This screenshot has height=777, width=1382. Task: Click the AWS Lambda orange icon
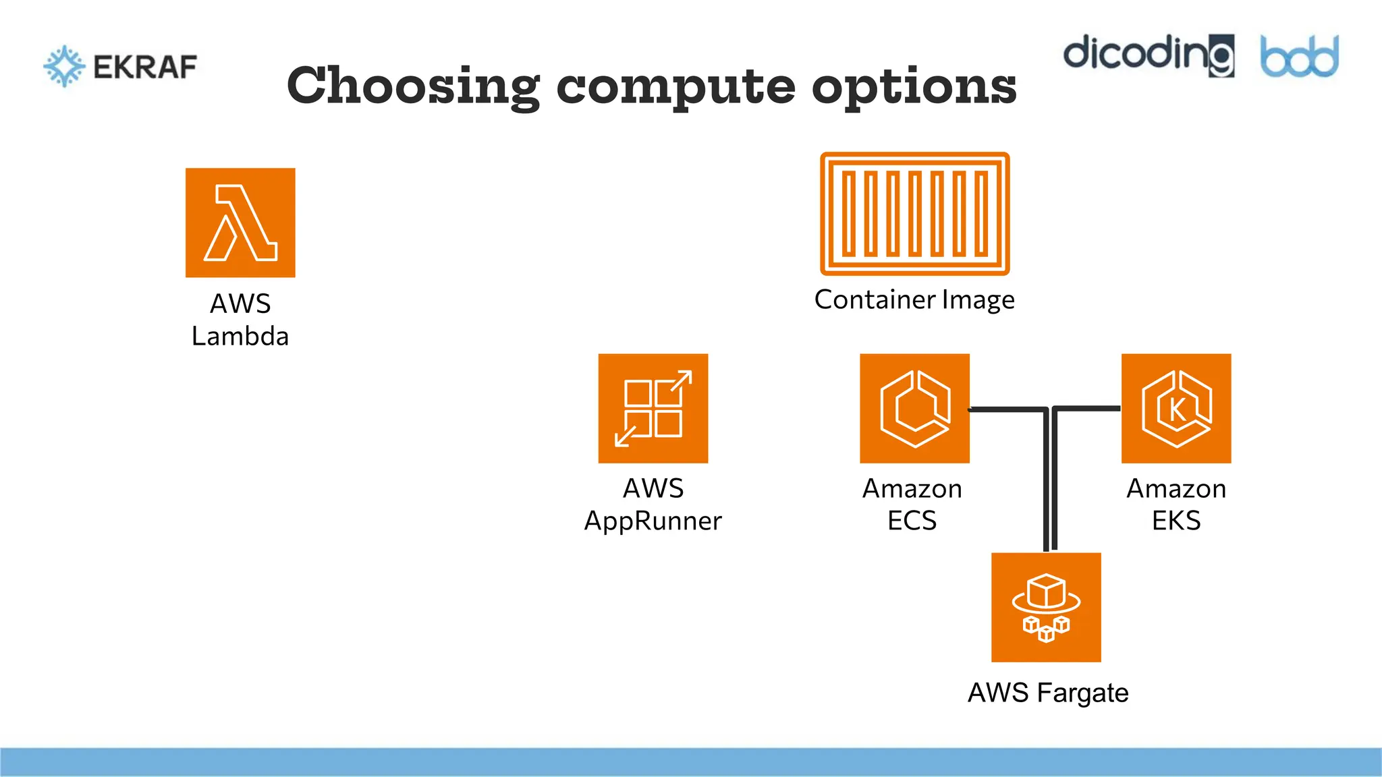pyautogui.click(x=240, y=223)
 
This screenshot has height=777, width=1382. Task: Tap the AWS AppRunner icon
pyautogui.click(x=653, y=408)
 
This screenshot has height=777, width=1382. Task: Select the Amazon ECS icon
pyautogui.click(x=914, y=408)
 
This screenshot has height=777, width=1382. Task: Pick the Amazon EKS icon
pyautogui.click(x=1176, y=408)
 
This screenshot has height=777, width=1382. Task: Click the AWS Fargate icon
pyautogui.click(x=1046, y=607)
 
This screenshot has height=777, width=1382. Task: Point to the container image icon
pyautogui.click(x=915, y=214)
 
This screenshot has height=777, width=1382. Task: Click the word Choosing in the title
pyautogui.click(x=413, y=86)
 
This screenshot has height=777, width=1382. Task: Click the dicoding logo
pyautogui.click(x=1149, y=54)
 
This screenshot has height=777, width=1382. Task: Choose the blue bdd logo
pyautogui.click(x=1300, y=57)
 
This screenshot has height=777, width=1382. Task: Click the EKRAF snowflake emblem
pyautogui.click(x=64, y=66)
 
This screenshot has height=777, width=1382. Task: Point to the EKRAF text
pyautogui.click(x=145, y=67)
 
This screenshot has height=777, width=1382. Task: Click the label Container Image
pyautogui.click(x=914, y=299)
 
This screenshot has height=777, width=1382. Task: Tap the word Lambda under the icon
pyautogui.click(x=240, y=336)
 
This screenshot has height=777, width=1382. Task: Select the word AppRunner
pyautogui.click(x=653, y=521)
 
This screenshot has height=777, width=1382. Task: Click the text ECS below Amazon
pyautogui.click(x=912, y=521)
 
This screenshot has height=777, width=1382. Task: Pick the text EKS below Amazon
pyautogui.click(x=1176, y=521)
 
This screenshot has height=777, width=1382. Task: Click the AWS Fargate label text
pyautogui.click(x=1048, y=693)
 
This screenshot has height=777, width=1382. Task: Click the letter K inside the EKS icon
pyautogui.click(x=1177, y=409)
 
